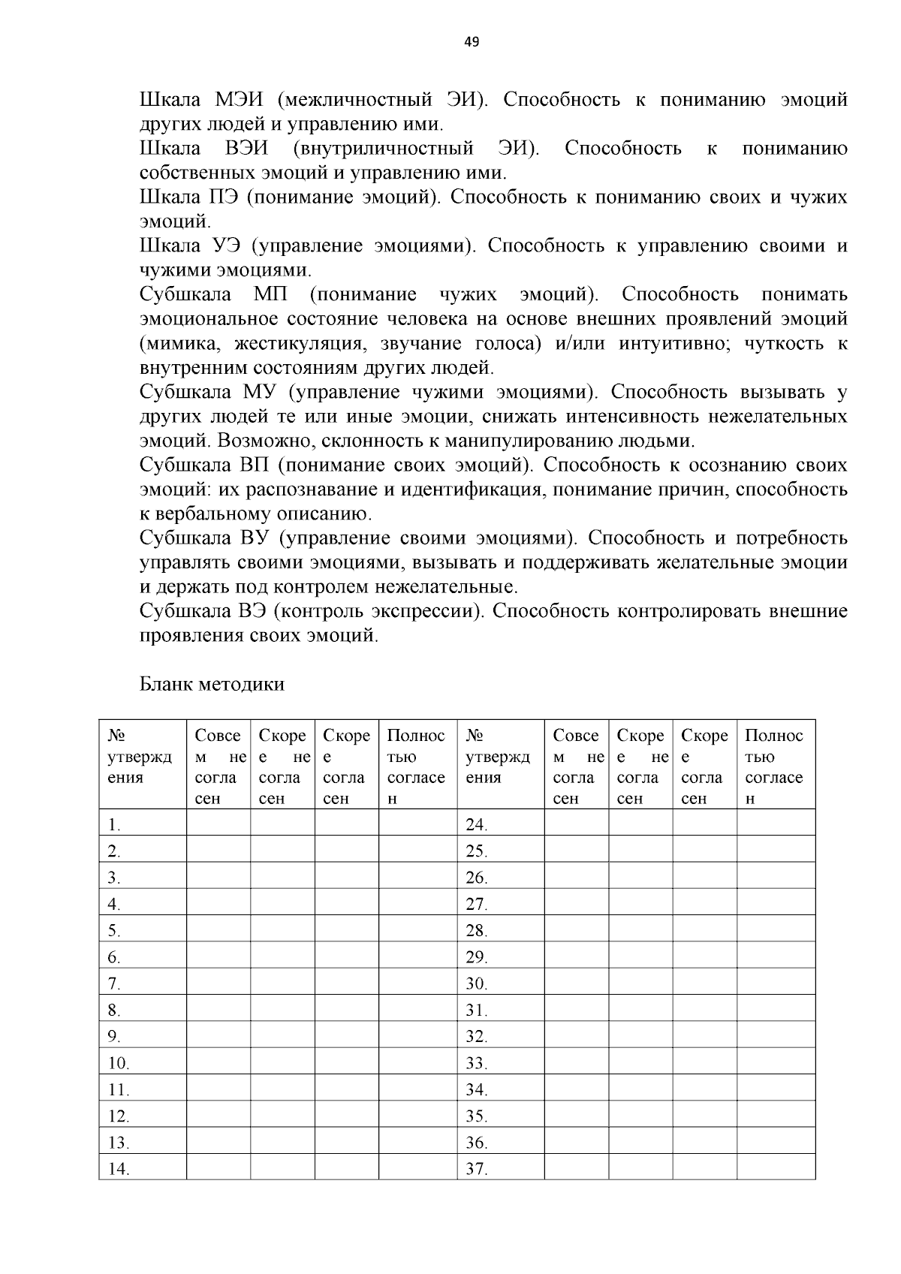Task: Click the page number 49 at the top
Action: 472,42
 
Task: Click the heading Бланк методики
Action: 212,684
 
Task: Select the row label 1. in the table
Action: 114,824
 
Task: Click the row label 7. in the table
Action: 114,983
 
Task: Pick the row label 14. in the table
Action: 119,1169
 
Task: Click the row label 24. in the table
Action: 477,824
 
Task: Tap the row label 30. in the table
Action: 477,983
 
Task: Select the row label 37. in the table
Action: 477,1169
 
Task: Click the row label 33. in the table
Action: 477,1063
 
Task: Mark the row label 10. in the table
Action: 119,1063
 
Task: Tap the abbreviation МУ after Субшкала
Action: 261,392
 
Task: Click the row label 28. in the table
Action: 477,931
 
